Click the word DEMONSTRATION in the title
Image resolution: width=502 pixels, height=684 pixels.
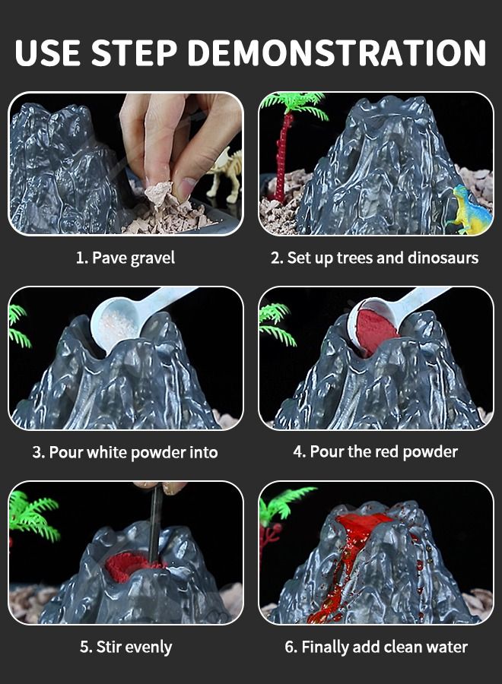[336, 52]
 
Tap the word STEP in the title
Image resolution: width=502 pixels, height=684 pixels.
[135, 52]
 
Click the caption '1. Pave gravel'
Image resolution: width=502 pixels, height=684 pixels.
[125, 258]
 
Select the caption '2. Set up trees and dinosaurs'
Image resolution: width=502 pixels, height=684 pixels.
[374, 258]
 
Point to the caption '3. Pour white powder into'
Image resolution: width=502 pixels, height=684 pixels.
[125, 452]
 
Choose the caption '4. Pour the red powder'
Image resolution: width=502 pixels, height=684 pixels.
[376, 452]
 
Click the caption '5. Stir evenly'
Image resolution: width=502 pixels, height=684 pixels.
[125, 647]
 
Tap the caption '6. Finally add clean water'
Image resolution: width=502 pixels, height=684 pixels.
[376, 647]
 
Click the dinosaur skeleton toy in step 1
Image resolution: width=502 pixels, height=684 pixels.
[225, 173]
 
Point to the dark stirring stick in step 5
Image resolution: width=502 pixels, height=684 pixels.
[154, 524]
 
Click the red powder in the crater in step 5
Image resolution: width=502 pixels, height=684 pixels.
[126, 567]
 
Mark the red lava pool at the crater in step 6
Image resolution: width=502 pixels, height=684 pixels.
[364, 524]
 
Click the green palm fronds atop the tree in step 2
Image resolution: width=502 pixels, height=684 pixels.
[296, 104]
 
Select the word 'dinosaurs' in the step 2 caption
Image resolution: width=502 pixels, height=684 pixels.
[443, 258]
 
